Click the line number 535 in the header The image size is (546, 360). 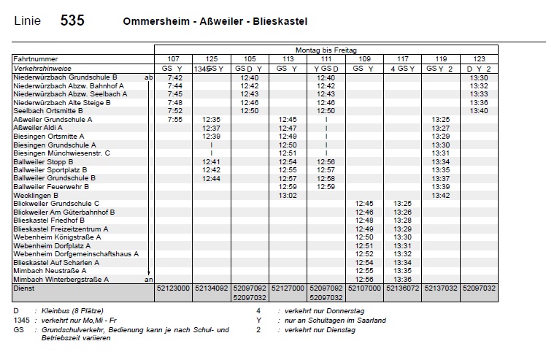click(x=72, y=20)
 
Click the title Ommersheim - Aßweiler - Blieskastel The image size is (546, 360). click(x=215, y=22)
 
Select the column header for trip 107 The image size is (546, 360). click(x=174, y=58)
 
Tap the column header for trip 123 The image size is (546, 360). click(x=479, y=58)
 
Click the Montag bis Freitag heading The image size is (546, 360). click(x=326, y=50)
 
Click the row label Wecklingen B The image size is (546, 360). click(x=36, y=195)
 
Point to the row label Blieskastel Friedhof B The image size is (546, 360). click(x=49, y=220)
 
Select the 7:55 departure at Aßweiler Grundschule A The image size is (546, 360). click(x=174, y=119)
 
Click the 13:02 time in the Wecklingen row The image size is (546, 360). click(x=288, y=195)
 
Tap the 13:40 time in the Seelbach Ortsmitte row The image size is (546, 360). click(x=479, y=110)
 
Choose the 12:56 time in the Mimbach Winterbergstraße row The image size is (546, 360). click(x=364, y=279)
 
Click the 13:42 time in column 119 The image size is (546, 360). click(x=441, y=195)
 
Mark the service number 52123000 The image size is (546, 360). click(x=174, y=288)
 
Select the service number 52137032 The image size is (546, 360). click(x=441, y=288)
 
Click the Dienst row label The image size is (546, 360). click(x=24, y=288)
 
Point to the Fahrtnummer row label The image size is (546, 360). click(x=36, y=58)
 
